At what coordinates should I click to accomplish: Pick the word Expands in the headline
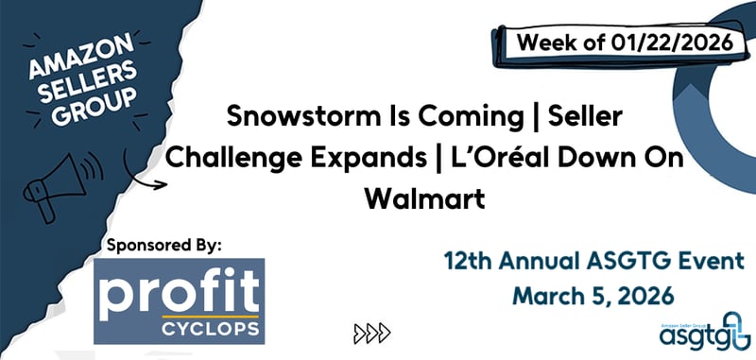(x=360, y=156)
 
